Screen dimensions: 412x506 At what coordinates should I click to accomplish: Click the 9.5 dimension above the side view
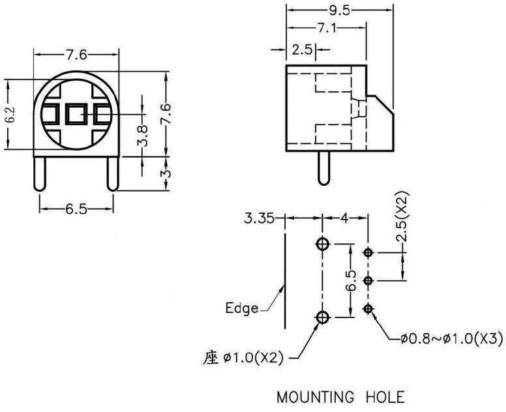click(x=340, y=10)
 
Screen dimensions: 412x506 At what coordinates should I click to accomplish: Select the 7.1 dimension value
click(x=327, y=28)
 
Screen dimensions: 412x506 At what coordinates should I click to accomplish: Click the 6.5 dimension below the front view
click(x=77, y=209)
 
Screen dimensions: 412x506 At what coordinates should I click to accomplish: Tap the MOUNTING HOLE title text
click(x=340, y=396)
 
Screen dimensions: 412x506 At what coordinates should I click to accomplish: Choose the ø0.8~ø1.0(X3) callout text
click(x=450, y=338)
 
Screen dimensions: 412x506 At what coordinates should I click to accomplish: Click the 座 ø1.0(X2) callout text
click(x=242, y=358)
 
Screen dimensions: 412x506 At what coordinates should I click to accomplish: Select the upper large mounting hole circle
click(x=322, y=244)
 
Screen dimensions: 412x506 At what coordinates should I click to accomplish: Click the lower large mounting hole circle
click(x=322, y=317)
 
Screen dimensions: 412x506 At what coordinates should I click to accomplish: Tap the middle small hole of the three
click(x=368, y=281)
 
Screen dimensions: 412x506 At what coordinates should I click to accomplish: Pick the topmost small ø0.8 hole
click(x=368, y=252)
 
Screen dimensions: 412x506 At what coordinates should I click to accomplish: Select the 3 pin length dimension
click(x=166, y=174)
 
